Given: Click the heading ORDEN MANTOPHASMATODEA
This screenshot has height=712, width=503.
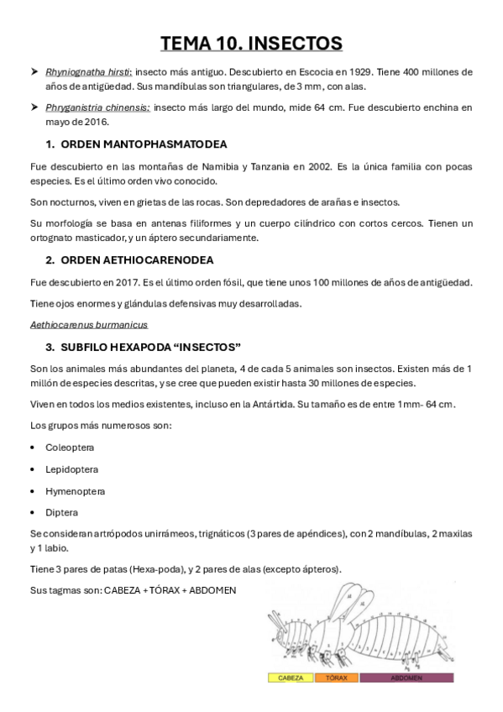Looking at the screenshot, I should tap(144, 144).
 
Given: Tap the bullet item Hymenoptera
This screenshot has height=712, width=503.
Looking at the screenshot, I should tap(75, 490).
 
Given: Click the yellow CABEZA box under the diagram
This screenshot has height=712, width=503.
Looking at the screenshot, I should tap(291, 677).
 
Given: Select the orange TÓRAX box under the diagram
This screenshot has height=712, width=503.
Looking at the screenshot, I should tap(336, 677).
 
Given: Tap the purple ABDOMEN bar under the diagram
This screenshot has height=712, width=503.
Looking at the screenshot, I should tap(406, 677).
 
